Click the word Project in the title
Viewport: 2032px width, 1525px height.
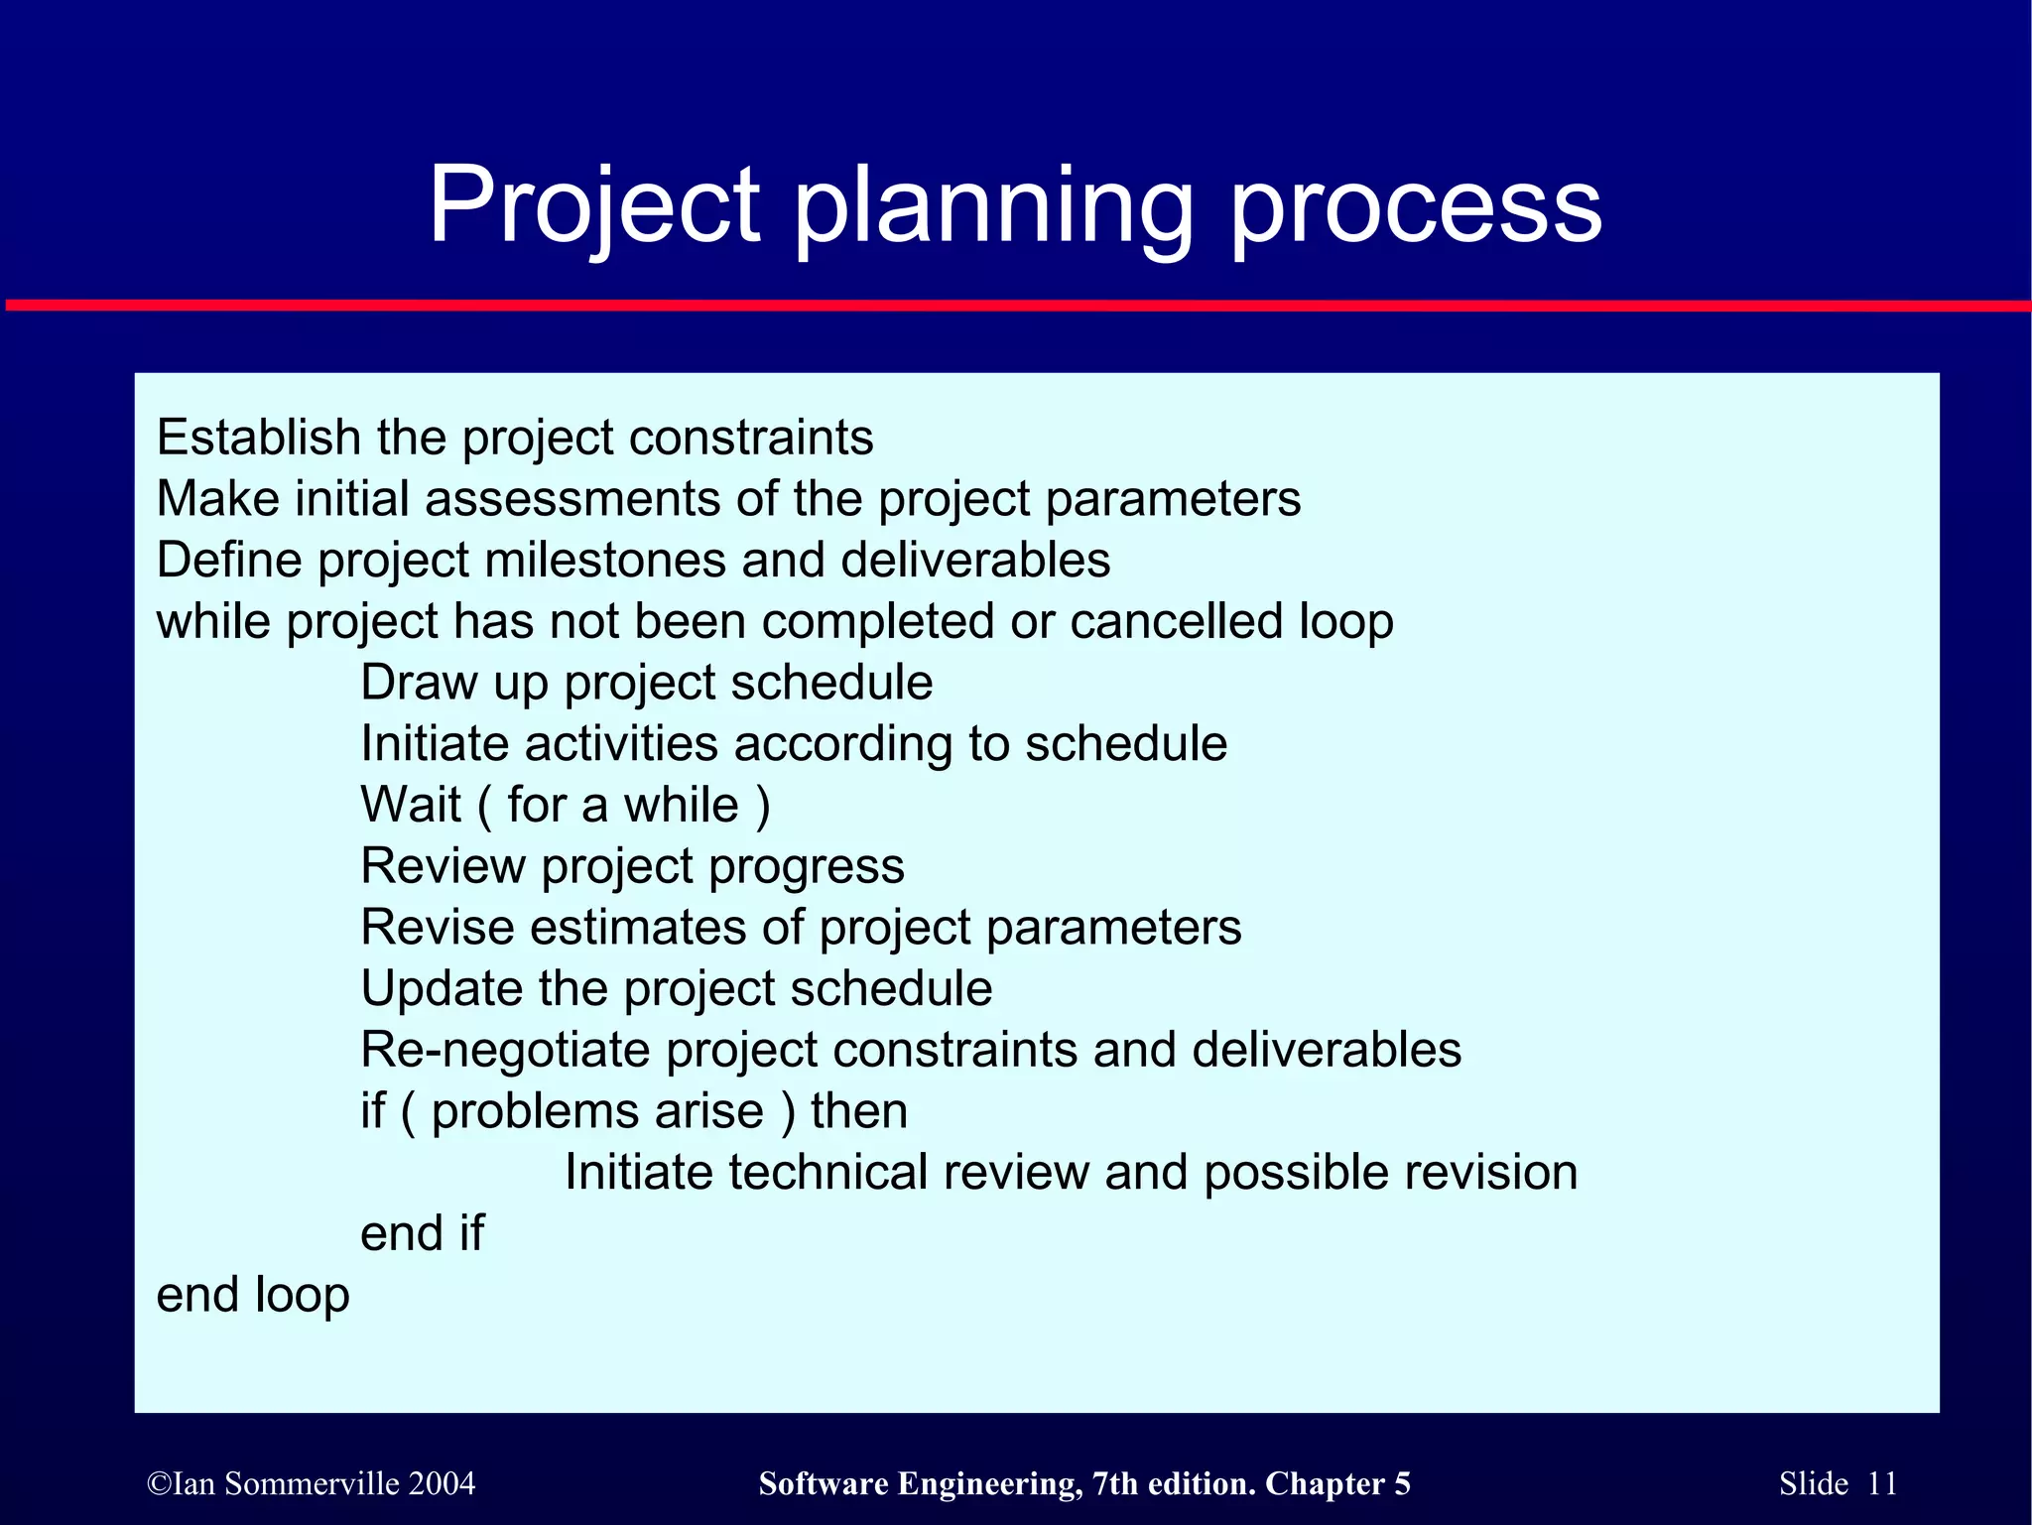click(x=593, y=206)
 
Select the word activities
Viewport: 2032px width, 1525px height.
click(x=621, y=743)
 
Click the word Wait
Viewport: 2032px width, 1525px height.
click(x=411, y=805)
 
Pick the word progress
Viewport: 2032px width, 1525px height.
click(x=806, y=866)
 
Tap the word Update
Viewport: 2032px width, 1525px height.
click(x=441, y=989)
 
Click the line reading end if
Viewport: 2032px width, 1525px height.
click(x=422, y=1234)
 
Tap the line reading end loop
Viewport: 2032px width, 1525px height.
click(x=253, y=1295)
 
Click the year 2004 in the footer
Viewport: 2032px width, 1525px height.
click(x=442, y=1483)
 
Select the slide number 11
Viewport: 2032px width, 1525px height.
click(x=1882, y=1483)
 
